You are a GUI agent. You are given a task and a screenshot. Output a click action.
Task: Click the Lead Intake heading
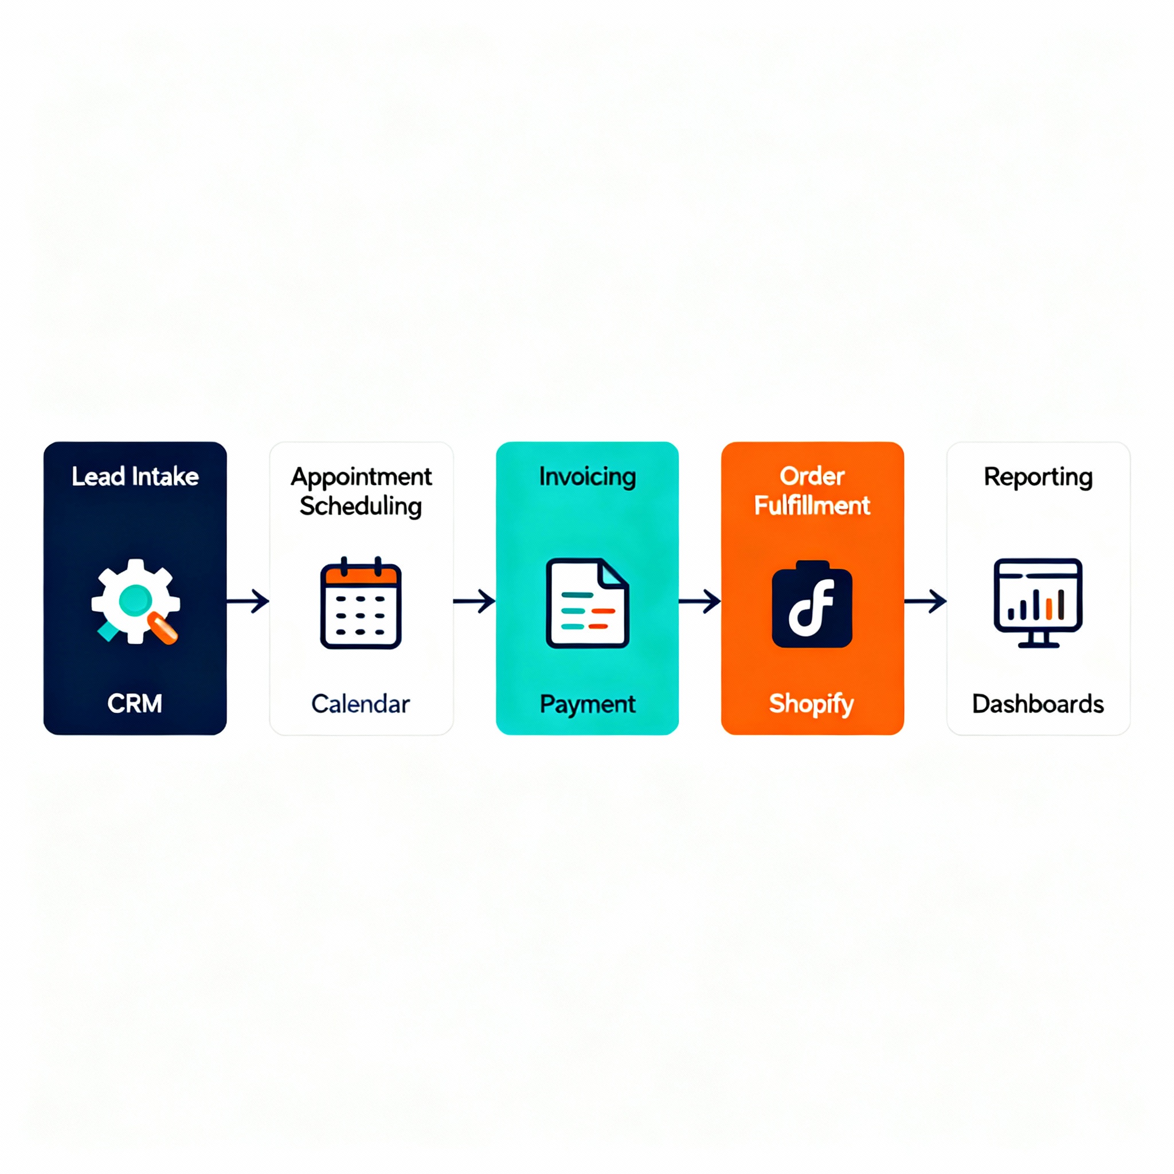tap(135, 476)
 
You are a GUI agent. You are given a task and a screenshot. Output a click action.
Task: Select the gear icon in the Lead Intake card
tap(135, 600)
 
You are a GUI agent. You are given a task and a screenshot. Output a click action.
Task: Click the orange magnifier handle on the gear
tap(163, 628)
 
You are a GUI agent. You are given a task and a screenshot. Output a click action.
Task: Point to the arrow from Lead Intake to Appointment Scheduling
tap(248, 601)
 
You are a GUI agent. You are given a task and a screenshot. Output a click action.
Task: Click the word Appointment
tap(361, 476)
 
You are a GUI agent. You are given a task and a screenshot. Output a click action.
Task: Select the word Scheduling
tap(361, 506)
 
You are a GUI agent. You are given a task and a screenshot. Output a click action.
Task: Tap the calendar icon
tap(361, 604)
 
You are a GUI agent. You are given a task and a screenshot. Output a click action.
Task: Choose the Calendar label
tap(361, 704)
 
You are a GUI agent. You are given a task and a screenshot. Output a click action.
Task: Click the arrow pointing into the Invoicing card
tap(474, 601)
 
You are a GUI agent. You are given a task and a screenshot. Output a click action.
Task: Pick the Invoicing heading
tap(587, 476)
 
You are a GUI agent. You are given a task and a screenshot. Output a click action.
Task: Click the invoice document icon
tap(587, 603)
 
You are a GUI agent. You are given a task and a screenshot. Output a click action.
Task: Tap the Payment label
tap(587, 704)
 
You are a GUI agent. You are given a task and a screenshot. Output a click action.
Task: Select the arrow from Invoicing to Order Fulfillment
tap(699, 601)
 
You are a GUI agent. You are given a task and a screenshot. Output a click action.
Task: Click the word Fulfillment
tap(812, 506)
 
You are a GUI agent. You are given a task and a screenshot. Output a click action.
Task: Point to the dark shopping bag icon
tap(812, 605)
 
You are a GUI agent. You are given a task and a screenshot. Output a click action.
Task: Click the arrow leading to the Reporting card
tap(925, 601)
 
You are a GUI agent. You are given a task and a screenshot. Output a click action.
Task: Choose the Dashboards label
tap(1038, 704)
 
